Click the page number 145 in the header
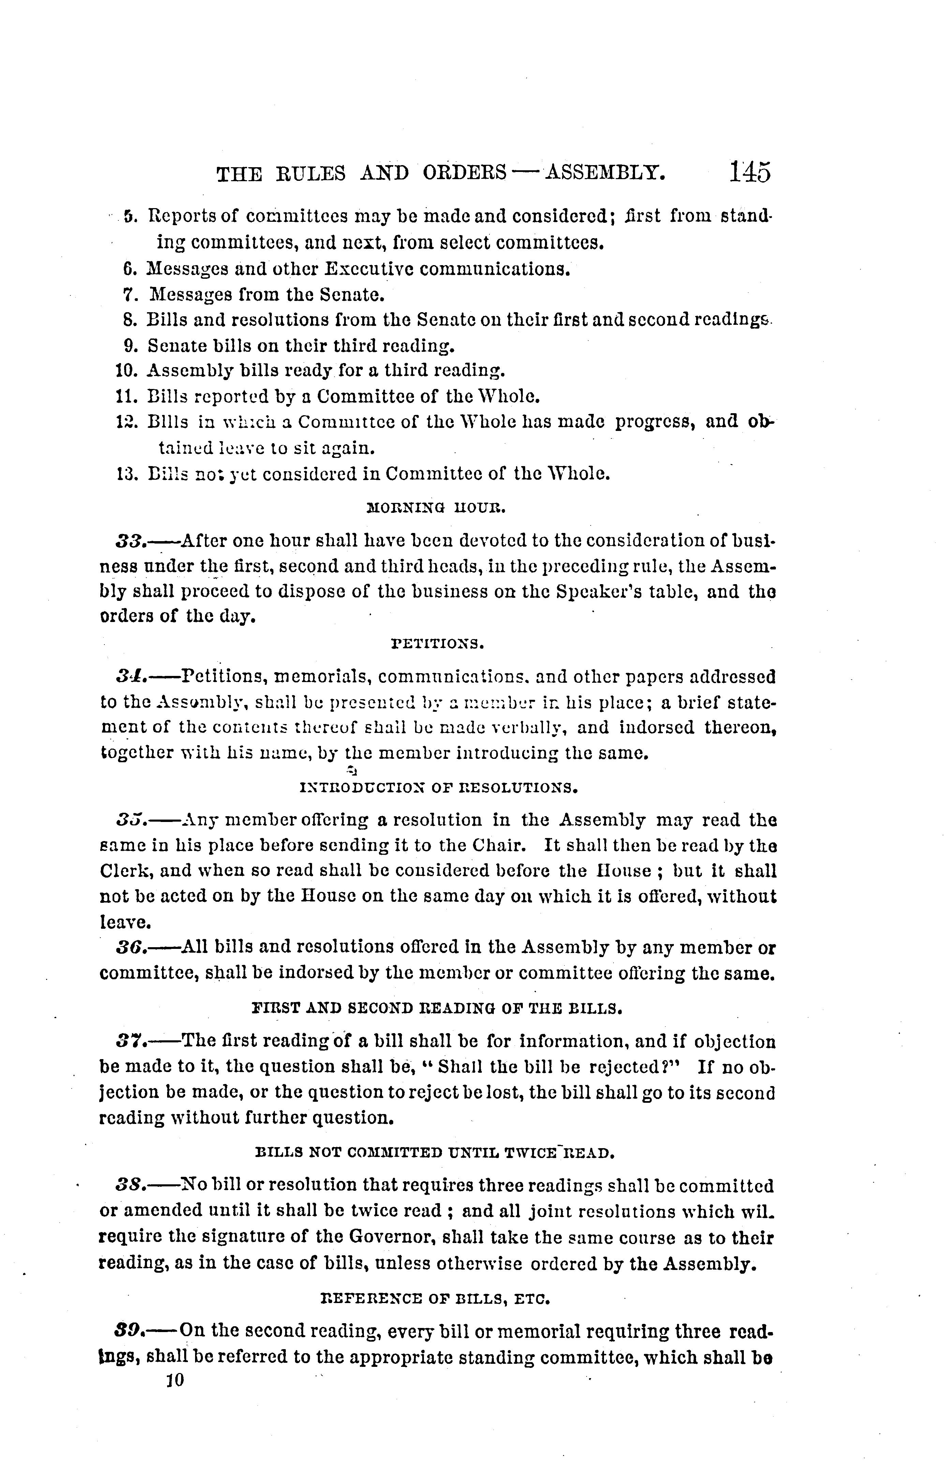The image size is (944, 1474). click(749, 172)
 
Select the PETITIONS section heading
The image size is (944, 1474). click(438, 645)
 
